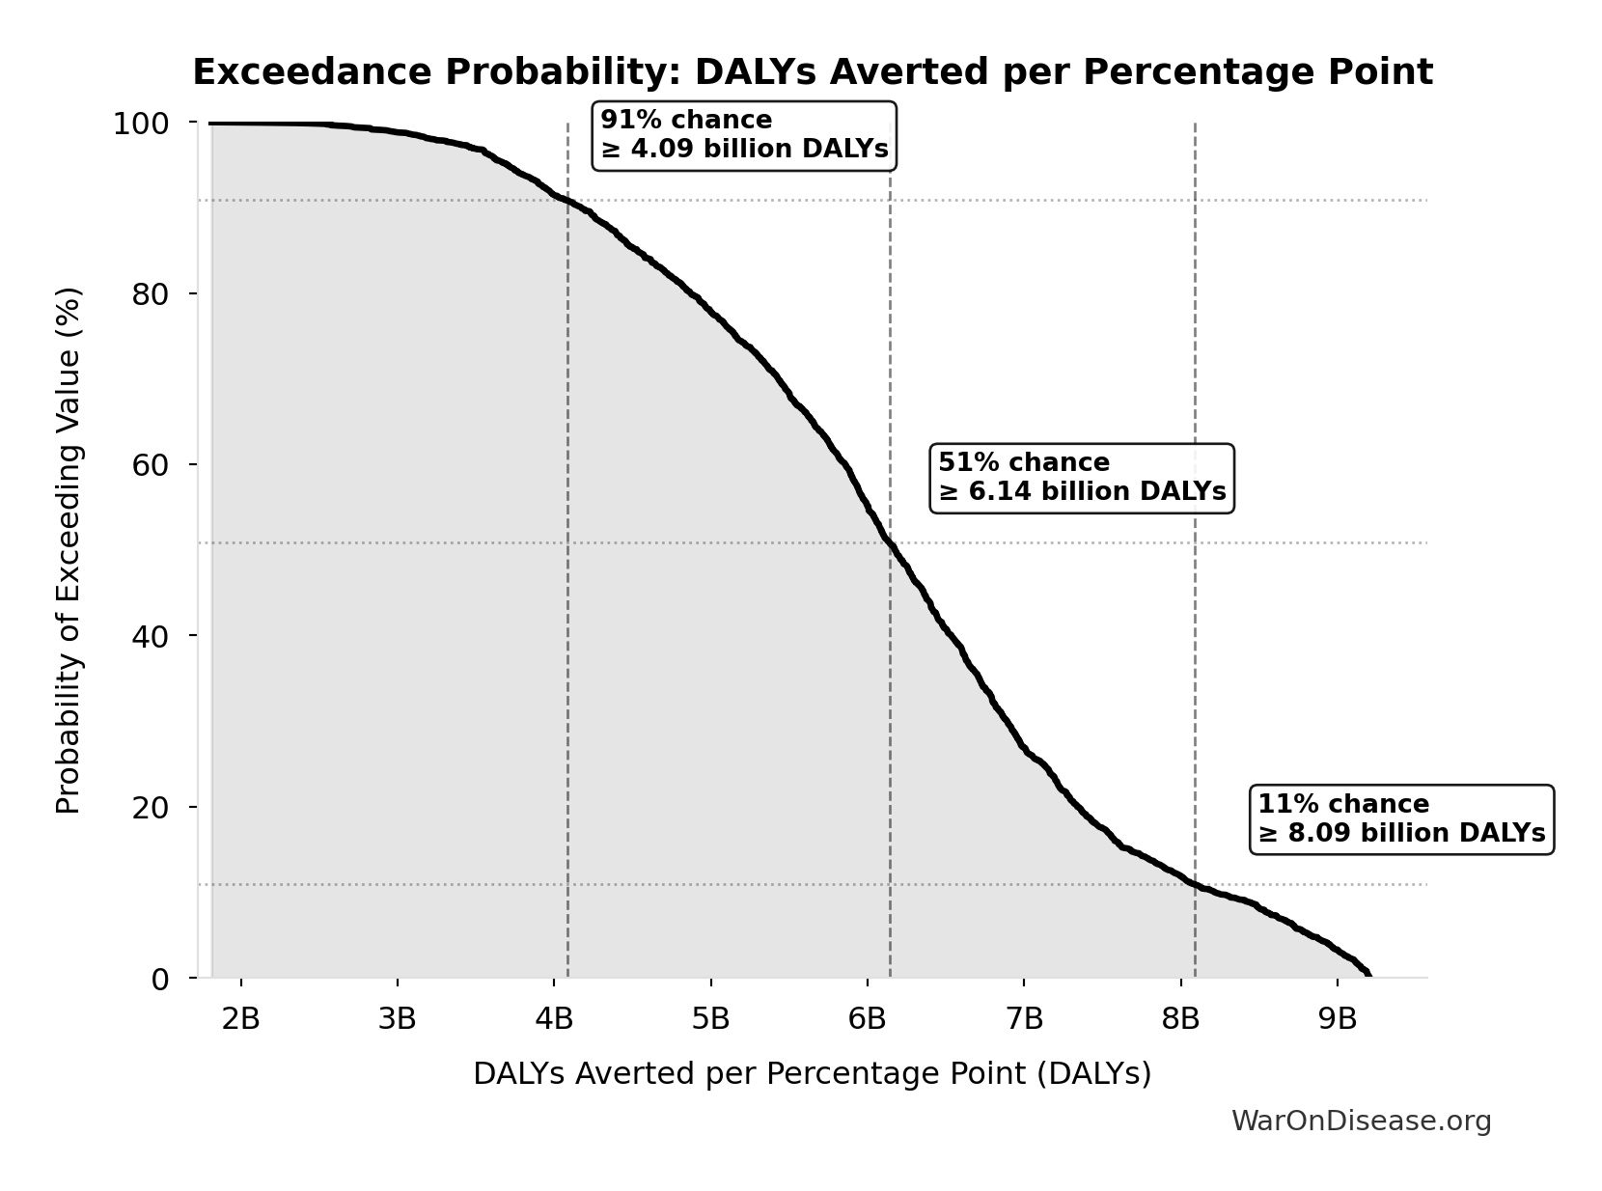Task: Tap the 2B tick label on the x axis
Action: (x=240, y=1018)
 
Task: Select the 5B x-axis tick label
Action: (x=711, y=1018)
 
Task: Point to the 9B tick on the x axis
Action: (x=1338, y=1018)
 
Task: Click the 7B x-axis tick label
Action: (x=1024, y=1018)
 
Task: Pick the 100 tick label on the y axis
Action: (x=141, y=124)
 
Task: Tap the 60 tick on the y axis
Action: (x=151, y=465)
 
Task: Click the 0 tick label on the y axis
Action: (x=160, y=979)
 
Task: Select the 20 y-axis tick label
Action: (x=151, y=808)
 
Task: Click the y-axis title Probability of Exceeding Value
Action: (x=69, y=550)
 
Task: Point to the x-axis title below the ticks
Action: (x=812, y=1074)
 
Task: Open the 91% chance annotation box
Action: (x=743, y=135)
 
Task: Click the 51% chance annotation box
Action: (x=1082, y=478)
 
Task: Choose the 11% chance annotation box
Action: (x=1401, y=819)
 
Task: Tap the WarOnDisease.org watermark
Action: (x=1361, y=1122)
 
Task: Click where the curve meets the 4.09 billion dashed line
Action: (x=567, y=202)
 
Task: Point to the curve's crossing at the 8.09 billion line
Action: (x=1195, y=884)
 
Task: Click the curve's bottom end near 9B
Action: (x=1367, y=973)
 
